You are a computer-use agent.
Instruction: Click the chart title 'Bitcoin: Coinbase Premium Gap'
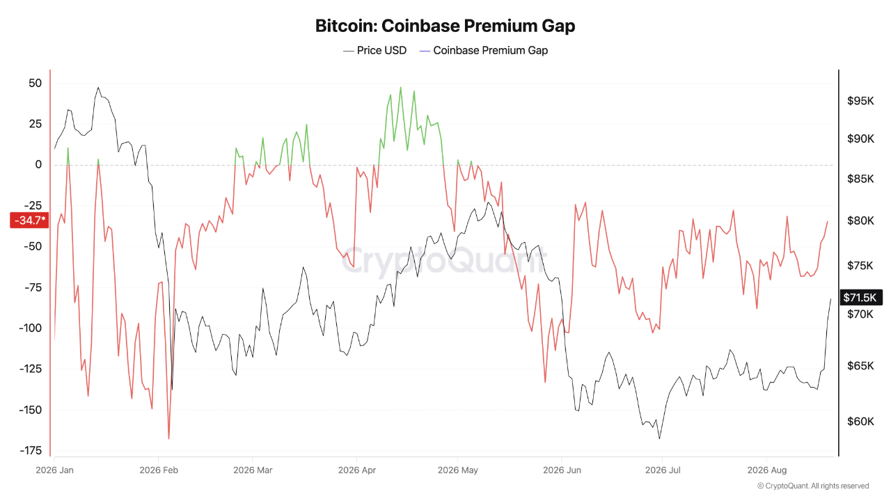445,26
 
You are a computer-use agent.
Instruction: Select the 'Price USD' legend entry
374,51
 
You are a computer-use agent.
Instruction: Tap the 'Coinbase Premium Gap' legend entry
484,51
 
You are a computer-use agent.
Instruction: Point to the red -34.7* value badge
29,221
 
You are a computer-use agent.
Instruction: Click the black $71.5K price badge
861,297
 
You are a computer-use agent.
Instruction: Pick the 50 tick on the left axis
35,83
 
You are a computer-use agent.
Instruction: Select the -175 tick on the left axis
31,450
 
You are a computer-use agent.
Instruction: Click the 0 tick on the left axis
38,165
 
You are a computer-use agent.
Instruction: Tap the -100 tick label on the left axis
30,328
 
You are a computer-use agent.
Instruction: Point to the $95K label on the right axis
860,101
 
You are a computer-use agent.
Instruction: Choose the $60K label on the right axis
860,422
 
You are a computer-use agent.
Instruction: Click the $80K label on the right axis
860,221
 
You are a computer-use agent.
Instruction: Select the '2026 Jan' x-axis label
54,470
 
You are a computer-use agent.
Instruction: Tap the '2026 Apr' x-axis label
357,470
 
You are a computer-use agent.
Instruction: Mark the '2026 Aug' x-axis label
767,470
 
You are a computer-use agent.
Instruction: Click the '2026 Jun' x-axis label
562,470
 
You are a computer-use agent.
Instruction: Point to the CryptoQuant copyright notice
813,486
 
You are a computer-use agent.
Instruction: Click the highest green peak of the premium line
400,88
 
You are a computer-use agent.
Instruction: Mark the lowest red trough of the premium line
168,438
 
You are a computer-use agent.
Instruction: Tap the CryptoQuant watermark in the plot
444,260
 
